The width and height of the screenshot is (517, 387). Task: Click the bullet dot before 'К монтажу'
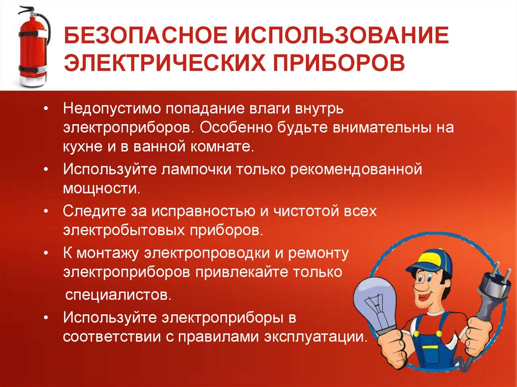click(46, 252)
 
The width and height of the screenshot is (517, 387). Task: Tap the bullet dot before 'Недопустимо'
click(46, 109)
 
